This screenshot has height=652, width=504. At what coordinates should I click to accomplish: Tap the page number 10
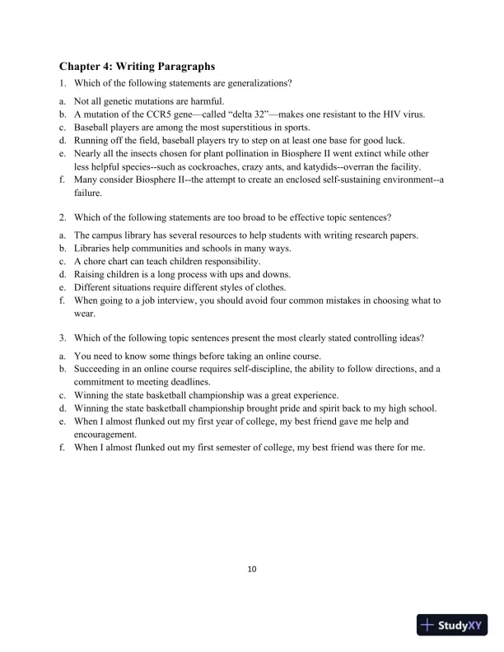[x=252, y=567]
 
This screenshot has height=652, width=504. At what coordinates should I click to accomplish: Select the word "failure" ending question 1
[x=88, y=192]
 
